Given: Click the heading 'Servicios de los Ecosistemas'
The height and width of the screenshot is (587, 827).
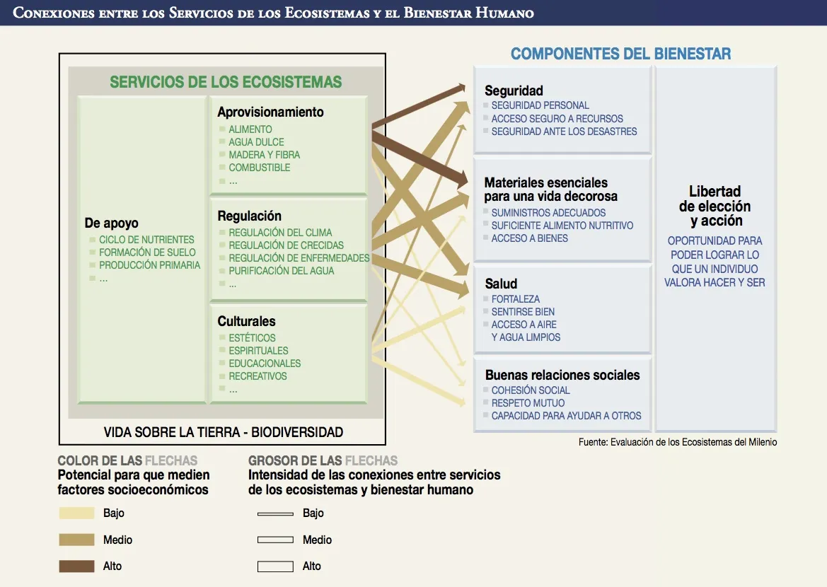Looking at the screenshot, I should tap(226, 82).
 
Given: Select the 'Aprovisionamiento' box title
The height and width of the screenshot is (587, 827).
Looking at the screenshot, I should tap(270, 112).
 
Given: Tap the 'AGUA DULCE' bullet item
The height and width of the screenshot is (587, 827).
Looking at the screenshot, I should tap(256, 142).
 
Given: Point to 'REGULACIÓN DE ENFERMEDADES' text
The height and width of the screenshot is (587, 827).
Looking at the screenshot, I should tap(299, 258).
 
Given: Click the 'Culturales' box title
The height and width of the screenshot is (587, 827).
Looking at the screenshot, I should tap(246, 321).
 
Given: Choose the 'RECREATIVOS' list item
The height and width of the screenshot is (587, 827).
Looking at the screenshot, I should tap(258, 376).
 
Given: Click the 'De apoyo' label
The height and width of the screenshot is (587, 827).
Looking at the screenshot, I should tap(111, 223).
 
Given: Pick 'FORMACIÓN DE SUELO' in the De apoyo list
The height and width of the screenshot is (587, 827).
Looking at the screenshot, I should tap(147, 252).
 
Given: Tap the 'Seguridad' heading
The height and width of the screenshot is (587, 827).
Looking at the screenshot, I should tap(514, 91).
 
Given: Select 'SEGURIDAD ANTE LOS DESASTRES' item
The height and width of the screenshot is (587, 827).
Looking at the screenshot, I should tap(564, 132).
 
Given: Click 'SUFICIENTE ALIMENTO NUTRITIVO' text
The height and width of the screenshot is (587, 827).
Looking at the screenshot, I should tap(562, 226).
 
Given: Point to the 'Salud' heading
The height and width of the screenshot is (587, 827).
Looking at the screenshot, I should tap(501, 284).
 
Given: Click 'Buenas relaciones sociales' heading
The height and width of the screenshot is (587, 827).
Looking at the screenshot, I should tap(562, 375).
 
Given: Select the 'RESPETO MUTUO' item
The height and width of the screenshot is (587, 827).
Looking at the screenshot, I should tap(528, 403).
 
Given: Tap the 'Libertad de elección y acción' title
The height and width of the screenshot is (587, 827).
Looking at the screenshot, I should tap(715, 206).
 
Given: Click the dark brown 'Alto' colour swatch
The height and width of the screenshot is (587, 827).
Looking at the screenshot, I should tap(77, 566).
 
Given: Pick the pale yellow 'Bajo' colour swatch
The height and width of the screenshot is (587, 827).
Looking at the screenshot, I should tap(77, 513).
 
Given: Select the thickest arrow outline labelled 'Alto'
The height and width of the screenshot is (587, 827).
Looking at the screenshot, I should tap(275, 566).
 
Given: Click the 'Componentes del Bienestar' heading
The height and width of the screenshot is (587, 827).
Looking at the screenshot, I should tap(620, 54).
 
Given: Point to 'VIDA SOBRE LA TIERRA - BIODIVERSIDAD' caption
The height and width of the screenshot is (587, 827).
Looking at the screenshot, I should tap(224, 432).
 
